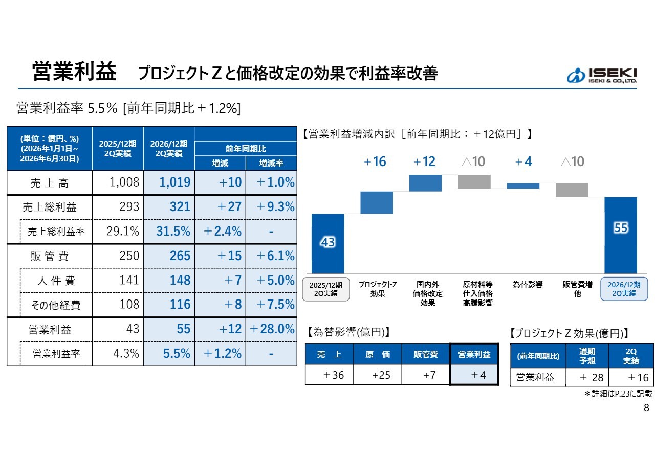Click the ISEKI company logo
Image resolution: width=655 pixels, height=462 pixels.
(601, 76)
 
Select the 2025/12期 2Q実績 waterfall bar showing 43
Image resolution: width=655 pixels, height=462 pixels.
(328, 244)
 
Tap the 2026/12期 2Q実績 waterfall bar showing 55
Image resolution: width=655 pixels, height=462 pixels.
(621, 236)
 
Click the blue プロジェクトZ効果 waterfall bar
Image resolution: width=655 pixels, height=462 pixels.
(377, 203)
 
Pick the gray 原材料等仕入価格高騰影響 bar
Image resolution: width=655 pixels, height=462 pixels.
(474, 181)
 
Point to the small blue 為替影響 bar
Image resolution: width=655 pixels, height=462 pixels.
(523, 186)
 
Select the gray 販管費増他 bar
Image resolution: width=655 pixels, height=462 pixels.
(572, 190)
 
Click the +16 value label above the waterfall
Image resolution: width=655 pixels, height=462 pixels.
(375, 161)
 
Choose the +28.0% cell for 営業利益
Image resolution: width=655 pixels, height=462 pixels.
(272, 329)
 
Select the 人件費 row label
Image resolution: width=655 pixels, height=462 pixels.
(56, 281)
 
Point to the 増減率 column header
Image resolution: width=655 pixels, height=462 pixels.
(271, 163)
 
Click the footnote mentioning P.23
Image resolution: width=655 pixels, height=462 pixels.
(619, 394)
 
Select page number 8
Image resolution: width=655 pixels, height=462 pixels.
(646, 408)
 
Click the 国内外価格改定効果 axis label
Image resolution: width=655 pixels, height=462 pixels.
(427, 293)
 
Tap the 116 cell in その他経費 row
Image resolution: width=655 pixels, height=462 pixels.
(180, 305)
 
